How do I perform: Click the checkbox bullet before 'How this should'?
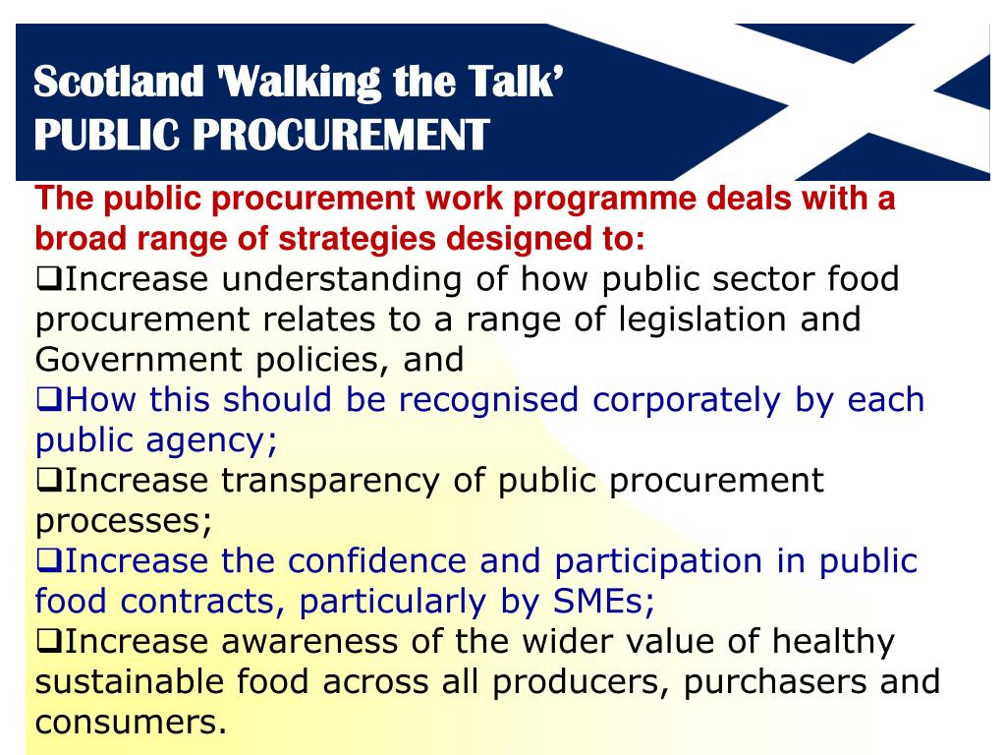click(49, 400)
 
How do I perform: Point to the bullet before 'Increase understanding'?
click(49, 279)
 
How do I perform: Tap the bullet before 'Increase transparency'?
click(49, 481)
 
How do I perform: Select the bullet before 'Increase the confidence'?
click(49, 561)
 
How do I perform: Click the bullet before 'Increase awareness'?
click(49, 642)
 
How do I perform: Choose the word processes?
click(124, 520)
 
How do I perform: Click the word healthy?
click(833, 641)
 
